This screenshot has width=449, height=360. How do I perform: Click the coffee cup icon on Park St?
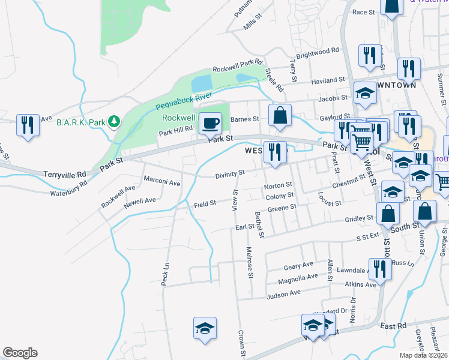[x=209, y=124]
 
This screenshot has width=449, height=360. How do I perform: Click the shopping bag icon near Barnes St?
[x=280, y=115]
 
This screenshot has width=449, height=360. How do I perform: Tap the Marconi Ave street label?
[x=161, y=182]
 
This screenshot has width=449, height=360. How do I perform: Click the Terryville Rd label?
[x=65, y=174]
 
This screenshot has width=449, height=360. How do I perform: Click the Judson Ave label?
[x=283, y=293]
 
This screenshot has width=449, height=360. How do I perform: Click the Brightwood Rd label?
[x=318, y=54]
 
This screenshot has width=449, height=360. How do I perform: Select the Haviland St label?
[x=328, y=80]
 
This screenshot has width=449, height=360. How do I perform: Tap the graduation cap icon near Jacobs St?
[x=365, y=92]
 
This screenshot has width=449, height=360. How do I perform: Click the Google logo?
[x=20, y=353]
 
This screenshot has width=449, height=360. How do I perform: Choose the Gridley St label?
[x=359, y=220]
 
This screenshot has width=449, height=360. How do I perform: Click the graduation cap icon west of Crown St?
[x=204, y=328]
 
